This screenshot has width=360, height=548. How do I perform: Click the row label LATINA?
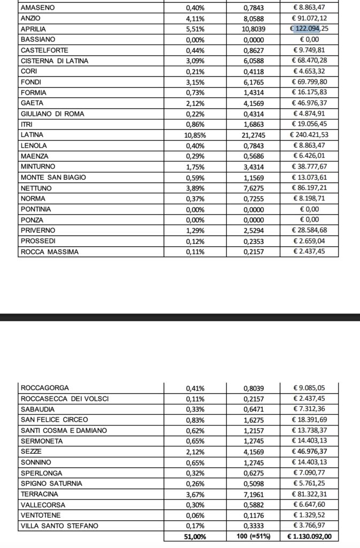(x=32, y=135)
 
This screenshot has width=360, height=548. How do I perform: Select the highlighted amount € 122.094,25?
(x=309, y=29)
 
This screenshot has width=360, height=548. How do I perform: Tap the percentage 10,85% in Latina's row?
(x=195, y=135)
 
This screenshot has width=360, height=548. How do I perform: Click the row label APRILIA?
(x=33, y=29)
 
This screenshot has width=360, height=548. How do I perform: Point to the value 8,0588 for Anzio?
(x=253, y=18)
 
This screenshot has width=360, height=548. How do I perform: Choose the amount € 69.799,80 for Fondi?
(x=309, y=82)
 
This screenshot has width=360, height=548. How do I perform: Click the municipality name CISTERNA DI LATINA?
(x=55, y=60)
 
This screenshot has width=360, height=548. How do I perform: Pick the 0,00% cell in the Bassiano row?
(x=195, y=40)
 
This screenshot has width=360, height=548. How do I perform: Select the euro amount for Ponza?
(x=309, y=219)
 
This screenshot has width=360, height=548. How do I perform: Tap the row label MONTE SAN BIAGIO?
(x=53, y=177)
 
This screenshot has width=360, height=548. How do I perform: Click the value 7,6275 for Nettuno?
(x=253, y=188)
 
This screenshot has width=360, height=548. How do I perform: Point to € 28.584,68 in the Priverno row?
(x=309, y=230)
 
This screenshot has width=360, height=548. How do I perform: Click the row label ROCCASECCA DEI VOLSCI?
(x=65, y=398)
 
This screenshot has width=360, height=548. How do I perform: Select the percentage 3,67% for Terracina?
(x=195, y=493)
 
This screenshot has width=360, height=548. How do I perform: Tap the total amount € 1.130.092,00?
(x=309, y=536)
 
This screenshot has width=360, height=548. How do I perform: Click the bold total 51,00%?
(x=195, y=536)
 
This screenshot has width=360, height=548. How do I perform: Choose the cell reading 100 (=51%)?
(x=253, y=536)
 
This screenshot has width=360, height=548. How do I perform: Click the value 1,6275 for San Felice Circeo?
(x=253, y=420)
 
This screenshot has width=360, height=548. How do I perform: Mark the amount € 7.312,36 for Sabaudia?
(x=309, y=409)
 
